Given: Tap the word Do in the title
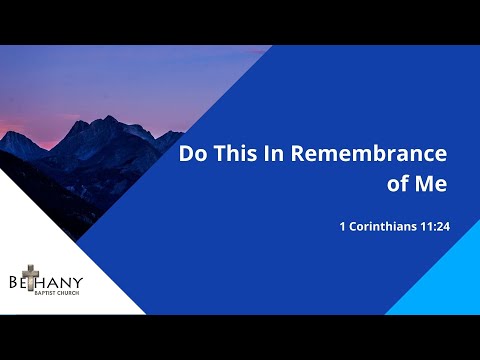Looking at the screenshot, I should tap(192, 156).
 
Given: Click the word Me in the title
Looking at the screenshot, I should tap(430, 185).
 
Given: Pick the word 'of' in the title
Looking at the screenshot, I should tap(398, 185).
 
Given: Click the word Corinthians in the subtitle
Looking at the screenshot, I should tap(387, 226).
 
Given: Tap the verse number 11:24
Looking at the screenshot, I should tap(434, 226).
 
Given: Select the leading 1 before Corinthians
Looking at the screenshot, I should tap(342, 226).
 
